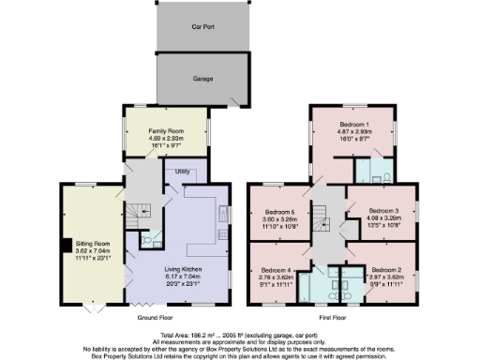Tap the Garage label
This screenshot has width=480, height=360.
203,81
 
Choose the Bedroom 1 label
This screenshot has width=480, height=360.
354,125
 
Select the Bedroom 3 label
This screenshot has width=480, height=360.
383,211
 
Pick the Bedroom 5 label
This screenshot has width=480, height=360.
279,213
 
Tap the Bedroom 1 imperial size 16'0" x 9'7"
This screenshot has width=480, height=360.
354,140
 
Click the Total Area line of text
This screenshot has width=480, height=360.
239,335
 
